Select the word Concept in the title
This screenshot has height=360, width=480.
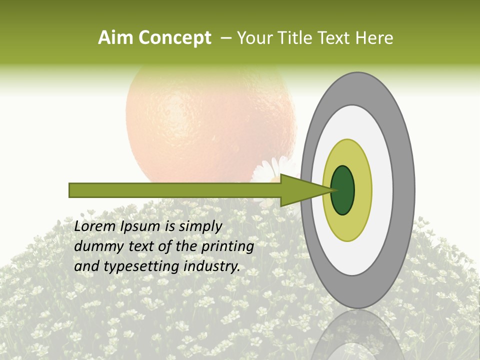pos(174,38)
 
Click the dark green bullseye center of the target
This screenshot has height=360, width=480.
pos(343,190)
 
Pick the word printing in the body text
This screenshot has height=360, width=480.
pos(227,247)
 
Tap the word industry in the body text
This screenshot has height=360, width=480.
pos(212,267)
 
